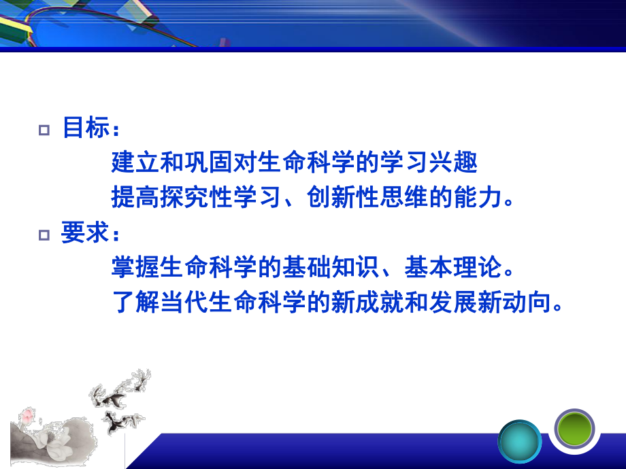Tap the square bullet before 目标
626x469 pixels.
pos(46,129)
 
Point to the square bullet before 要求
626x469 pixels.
pos(46,235)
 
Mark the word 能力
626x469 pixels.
pos(478,197)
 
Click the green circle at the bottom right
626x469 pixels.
pos(574,429)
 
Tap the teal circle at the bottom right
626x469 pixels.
pos(520,442)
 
